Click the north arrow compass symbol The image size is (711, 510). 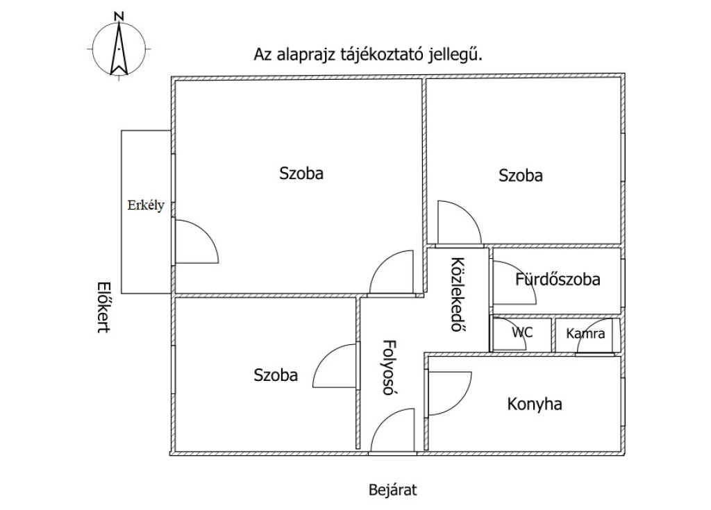click(x=120, y=47)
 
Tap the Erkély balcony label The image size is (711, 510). click(x=145, y=205)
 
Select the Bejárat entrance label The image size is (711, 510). click(x=392, y=491)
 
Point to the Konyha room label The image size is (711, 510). click(x=534, y=404)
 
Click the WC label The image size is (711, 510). click(x=522, y=332)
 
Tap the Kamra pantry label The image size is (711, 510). click(x=585, y=334)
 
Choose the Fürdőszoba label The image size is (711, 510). click(x=558, y=280)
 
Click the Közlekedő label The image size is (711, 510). click(x=457, y=295)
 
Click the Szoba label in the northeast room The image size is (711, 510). click(x=521, y=176)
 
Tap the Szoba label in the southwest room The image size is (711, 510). click(x=276, y=375)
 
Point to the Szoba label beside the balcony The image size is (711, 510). click(x=301, y=173)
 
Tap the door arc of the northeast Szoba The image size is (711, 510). click(x=459, y=222)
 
